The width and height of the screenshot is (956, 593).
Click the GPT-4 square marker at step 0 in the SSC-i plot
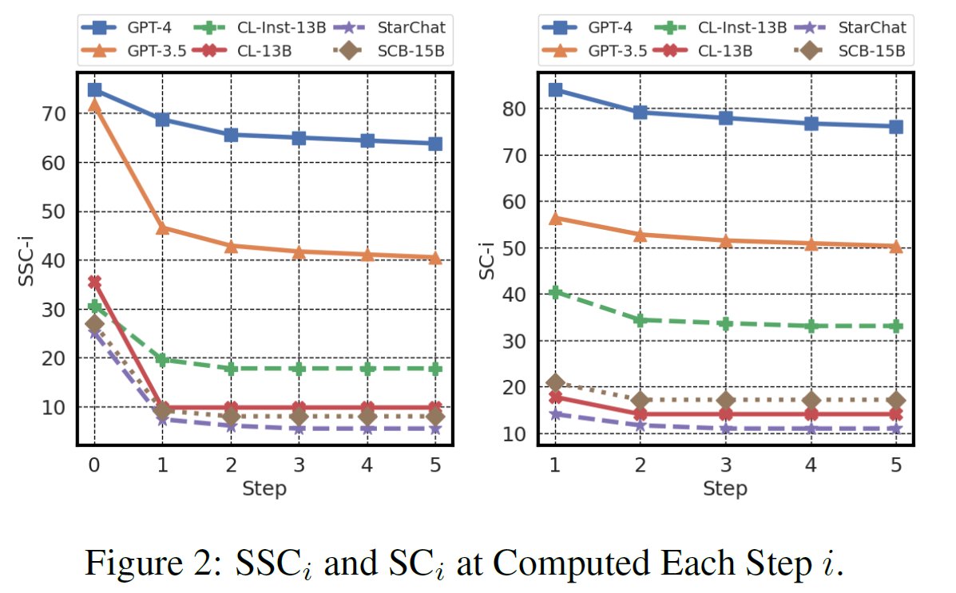coord(94,89)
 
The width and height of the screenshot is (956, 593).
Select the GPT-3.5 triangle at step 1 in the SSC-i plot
coord(162,227)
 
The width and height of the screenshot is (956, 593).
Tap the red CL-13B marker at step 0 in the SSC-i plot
coord(94,282)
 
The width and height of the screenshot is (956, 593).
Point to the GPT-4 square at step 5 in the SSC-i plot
coord(435,144)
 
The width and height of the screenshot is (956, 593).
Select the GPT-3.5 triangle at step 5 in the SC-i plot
coord(896,247)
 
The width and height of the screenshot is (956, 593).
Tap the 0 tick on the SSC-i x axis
coord(94,463)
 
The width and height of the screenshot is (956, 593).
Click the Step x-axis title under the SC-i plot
coord(725,488)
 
